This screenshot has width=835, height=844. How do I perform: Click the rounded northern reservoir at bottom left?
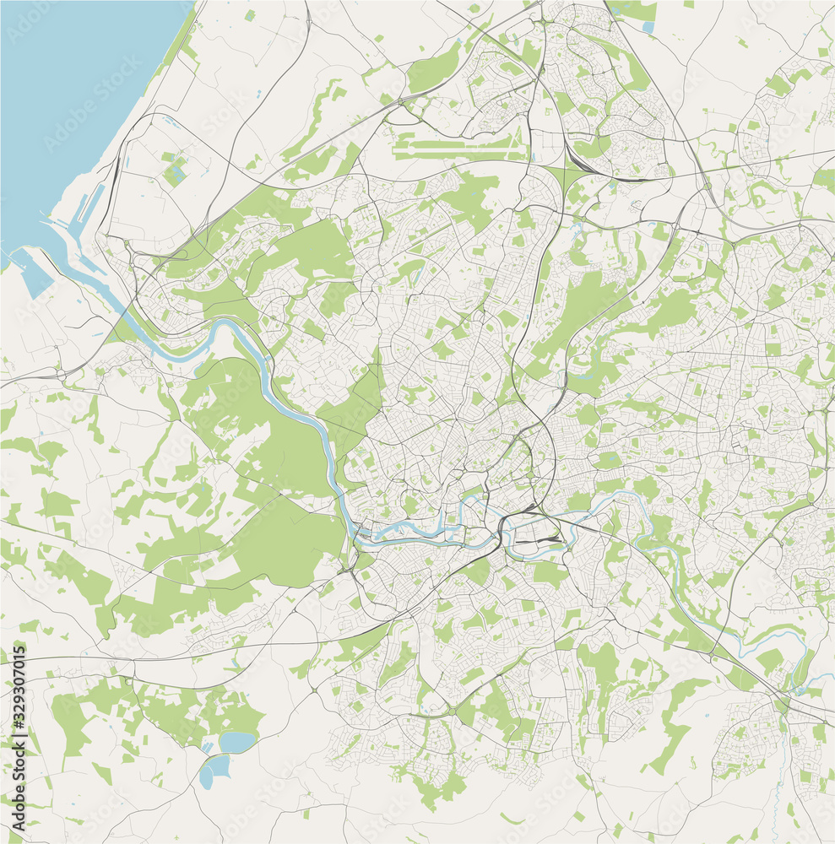[x=236, y=742]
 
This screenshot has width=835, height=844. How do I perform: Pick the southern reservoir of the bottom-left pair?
[x=214, y=770]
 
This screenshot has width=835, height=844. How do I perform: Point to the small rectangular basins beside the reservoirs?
[x=206, y=748]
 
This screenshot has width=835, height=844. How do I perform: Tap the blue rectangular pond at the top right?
[x=648, y=27]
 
